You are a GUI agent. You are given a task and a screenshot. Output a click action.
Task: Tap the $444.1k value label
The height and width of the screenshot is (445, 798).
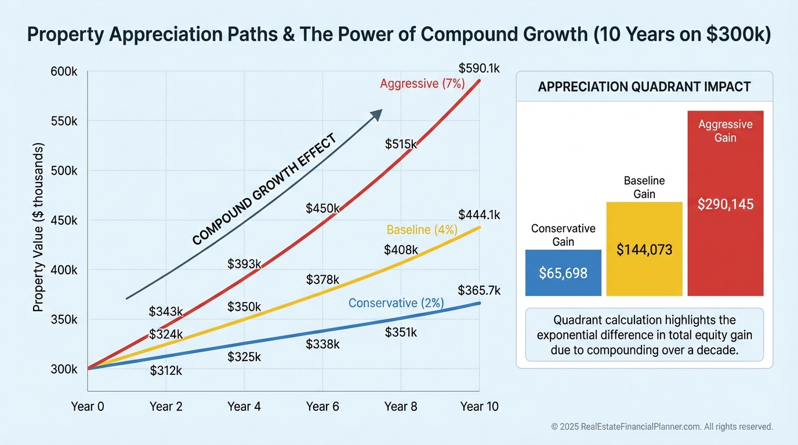coord(478,216)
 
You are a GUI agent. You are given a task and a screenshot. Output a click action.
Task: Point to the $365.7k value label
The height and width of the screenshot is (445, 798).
coord(478,290)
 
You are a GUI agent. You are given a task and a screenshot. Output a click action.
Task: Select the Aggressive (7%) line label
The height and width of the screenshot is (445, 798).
coord(422,83)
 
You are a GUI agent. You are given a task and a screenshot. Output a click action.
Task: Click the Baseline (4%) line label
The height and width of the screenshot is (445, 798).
coord(422,230)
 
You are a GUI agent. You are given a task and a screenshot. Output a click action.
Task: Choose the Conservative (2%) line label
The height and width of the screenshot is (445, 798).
coord(396,303)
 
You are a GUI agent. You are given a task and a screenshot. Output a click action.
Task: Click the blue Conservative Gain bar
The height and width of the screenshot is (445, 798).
coord(563,273)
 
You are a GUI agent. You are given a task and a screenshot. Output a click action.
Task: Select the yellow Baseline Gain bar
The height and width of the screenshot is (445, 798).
coord(644,249)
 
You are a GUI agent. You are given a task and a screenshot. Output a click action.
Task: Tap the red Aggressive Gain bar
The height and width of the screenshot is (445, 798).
coord(725,203)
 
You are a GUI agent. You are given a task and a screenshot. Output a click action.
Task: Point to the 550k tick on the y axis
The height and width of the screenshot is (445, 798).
coord(64,122)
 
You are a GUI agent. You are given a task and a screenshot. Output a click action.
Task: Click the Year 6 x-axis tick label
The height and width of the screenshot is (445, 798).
coord(322,407)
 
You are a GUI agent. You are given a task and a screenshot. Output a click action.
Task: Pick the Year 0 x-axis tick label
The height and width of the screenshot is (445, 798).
coord(88,407)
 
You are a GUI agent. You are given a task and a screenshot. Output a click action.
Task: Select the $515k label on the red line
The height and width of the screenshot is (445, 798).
coord(401,144)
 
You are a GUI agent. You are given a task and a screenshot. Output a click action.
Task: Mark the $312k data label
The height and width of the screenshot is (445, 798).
coord(165,371)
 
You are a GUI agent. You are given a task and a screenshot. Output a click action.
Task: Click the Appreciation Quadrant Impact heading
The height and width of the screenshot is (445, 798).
coord(644,87)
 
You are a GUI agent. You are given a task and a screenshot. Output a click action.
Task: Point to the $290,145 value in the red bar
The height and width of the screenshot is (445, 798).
coord(725,204)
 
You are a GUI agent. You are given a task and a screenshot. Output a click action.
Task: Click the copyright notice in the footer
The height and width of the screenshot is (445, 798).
coord(662,426)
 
